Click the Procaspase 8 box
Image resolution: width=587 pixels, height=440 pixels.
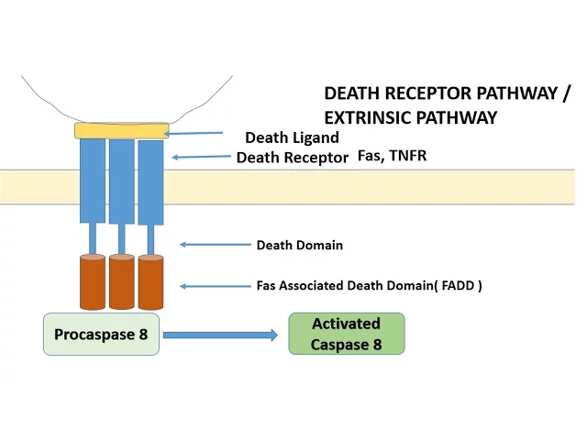[x=101, y=335]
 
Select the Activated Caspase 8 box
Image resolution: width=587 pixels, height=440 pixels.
[x=346, y=335]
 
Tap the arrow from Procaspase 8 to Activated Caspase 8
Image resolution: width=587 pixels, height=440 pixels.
[x=220, y=335]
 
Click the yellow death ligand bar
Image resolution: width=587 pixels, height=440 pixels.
[x=122, y=130]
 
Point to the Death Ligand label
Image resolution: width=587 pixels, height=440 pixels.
[x=292, y=137]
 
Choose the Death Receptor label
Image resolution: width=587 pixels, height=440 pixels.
[x=292, y=158]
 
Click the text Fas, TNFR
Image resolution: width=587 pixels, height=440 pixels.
[x=392, y=157]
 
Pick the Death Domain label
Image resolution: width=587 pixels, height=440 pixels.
[x=299, y=245]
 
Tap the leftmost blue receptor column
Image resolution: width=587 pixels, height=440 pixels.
[x=93, y=181]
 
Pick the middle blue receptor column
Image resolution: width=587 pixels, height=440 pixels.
[x=122, y=181]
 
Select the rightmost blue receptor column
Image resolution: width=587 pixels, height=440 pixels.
[x=150, y=181]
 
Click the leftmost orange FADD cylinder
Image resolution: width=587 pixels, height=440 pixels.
[x=93, y=282]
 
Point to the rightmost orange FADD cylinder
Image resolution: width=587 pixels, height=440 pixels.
[x=150, y=282]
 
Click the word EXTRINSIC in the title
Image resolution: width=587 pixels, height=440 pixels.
[x=368, y=117]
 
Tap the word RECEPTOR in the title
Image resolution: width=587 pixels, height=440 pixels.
[x=428, y=93]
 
